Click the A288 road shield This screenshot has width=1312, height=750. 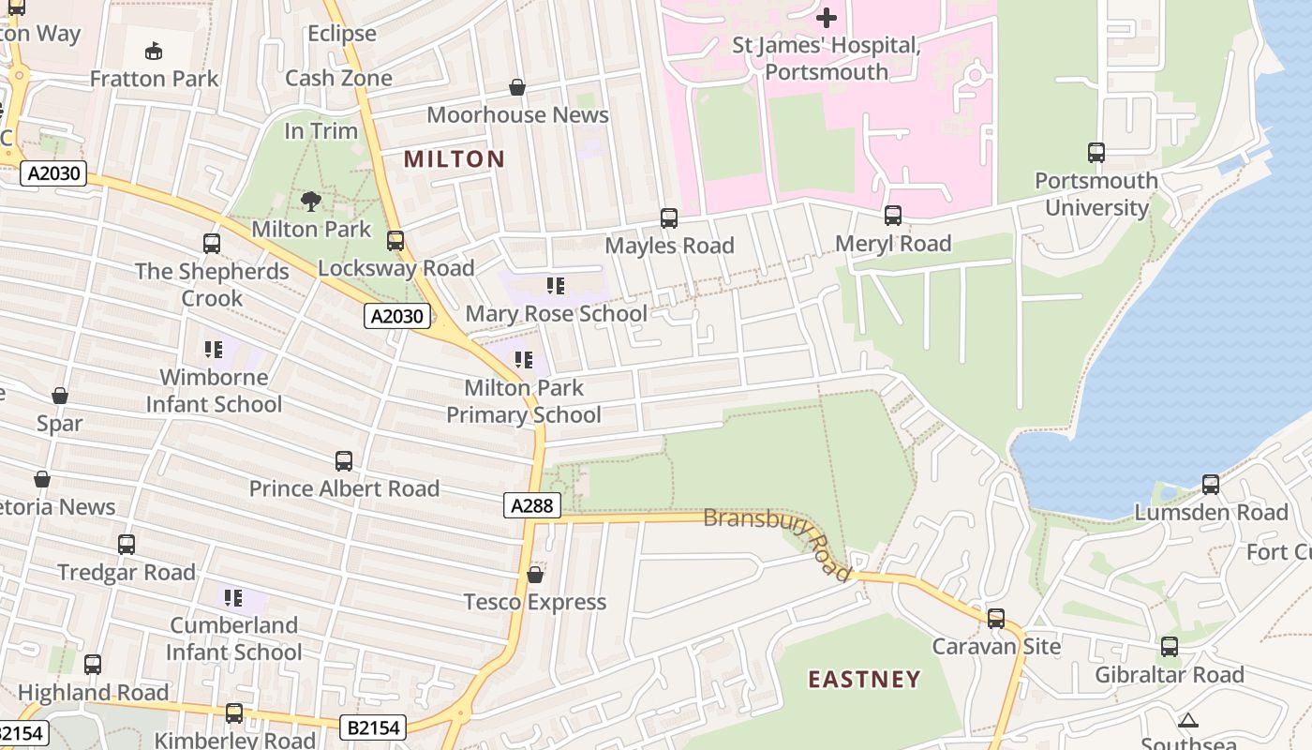tap(531, 506)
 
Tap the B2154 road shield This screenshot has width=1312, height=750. tap(373, 727)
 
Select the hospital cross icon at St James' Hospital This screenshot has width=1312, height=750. tap(827, 17)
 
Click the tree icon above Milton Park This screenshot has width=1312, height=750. tap(311, 201)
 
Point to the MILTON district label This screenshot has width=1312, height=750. tap(455, 159)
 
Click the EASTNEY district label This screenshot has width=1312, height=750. tap(864, 680)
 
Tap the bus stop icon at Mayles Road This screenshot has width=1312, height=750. tap(669, 218)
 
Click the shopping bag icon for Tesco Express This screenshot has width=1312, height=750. tap(535, 575)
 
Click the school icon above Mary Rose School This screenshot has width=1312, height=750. tap(556, 286)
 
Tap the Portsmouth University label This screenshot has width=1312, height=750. tap(1096, 194)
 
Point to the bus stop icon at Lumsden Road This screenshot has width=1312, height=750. tap(1211, 485)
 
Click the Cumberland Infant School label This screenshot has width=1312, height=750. tap(234, 638)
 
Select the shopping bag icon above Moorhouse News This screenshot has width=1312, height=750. tap(516, 88)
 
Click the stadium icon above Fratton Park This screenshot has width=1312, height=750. tap(154, 51)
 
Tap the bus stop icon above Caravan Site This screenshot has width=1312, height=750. tap(996, 619)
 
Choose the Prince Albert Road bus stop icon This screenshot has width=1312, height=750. tap(344, 461)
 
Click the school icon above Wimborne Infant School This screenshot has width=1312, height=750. tap(214, 351)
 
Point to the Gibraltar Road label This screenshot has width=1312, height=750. tap(1170, 675)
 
